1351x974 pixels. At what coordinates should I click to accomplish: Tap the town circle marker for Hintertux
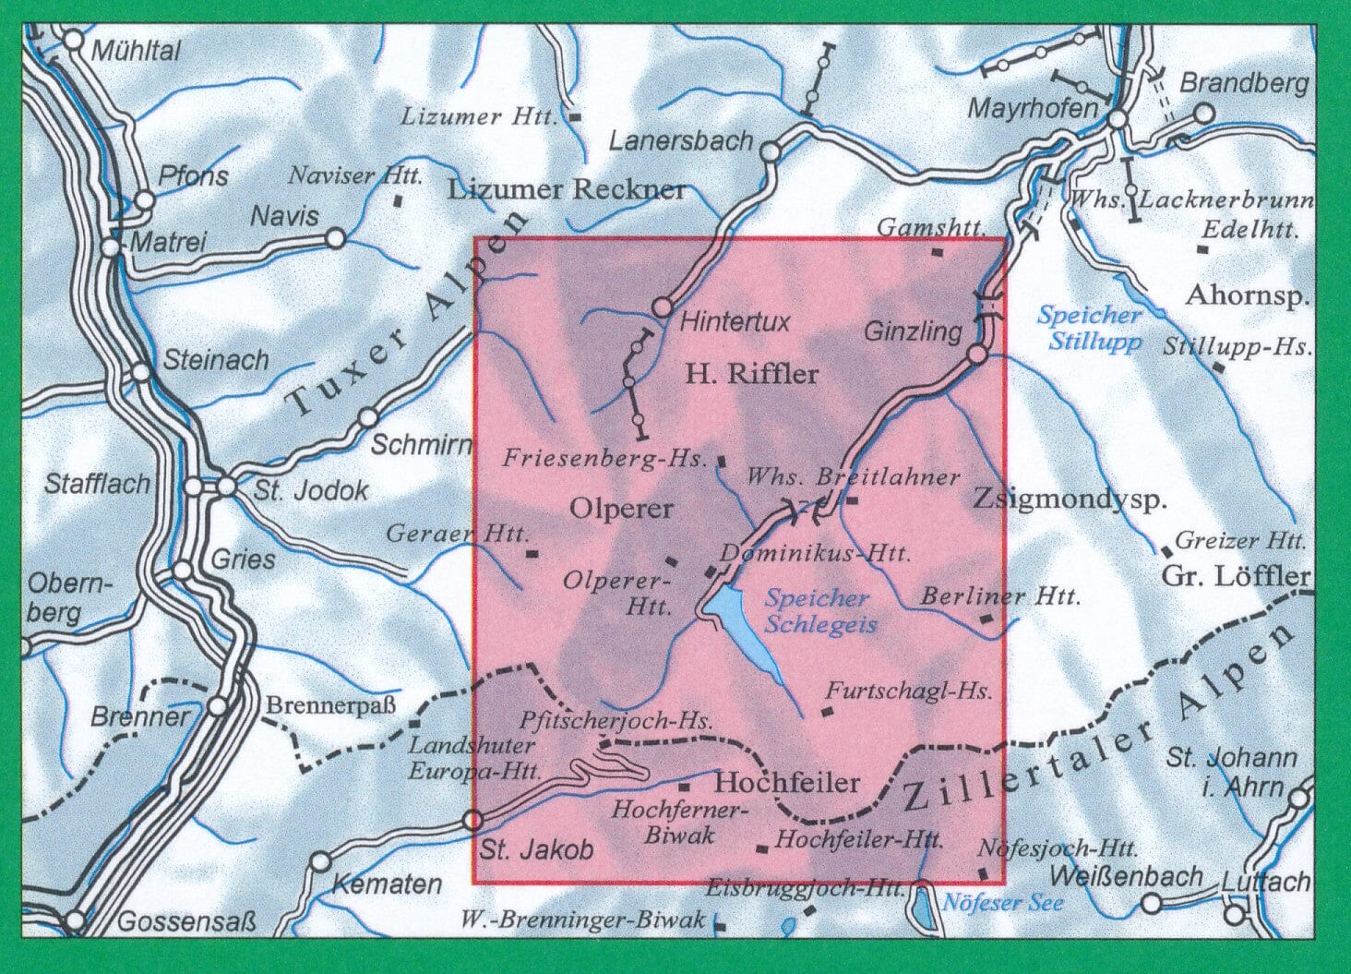662,307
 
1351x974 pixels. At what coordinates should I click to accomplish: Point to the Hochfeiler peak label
787,783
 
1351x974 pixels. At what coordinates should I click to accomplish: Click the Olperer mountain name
621,509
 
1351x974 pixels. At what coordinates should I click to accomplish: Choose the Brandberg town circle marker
1203,114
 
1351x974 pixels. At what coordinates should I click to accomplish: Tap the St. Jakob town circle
472,819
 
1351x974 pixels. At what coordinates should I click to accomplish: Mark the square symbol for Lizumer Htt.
576,117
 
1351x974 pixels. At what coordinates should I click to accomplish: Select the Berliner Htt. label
999,597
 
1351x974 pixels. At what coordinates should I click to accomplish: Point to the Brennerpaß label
330,707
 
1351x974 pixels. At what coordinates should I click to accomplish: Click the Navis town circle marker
335,238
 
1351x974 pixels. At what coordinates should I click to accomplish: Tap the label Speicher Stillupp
1090,329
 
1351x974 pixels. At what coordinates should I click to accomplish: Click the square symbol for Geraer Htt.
532,555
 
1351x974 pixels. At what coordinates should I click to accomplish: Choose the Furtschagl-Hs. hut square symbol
826,711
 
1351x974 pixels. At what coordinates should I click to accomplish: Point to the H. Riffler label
751,374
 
